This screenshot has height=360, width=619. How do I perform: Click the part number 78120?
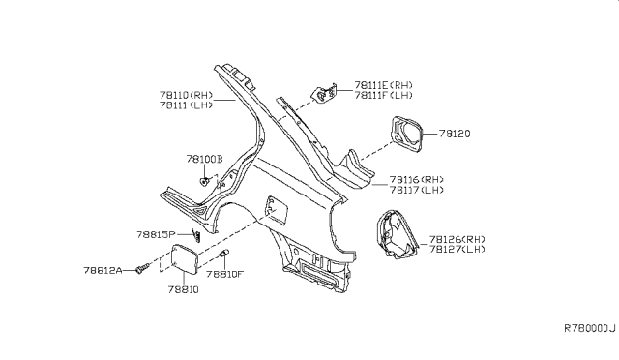tap(455, 135)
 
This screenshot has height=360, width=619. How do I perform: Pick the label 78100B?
tap(205, 158)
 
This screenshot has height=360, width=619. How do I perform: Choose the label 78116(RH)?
tap(417, 179)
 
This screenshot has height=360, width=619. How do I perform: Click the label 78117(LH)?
tap(417, 190)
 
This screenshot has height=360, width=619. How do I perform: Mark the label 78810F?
tap(225, 275)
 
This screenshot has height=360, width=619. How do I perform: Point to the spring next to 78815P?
tap(196, 234)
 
